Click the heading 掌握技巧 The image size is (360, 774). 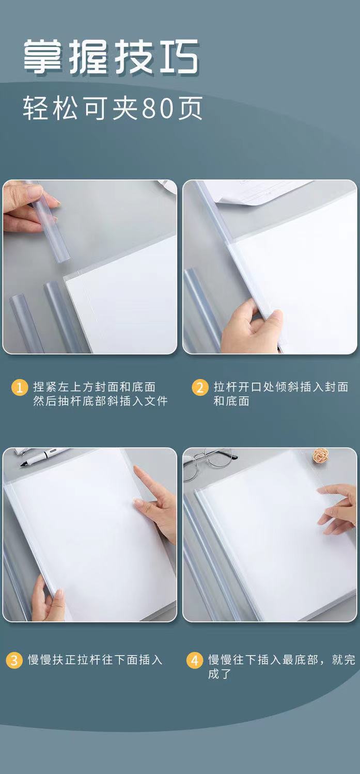111,57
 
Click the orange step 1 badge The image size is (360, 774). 20,387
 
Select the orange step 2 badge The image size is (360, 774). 200,387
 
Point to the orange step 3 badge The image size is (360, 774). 14,660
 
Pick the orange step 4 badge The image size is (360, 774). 195,660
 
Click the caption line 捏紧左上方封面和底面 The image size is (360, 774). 95,387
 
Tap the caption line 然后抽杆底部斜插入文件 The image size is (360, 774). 101,401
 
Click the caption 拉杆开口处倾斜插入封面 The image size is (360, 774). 281,387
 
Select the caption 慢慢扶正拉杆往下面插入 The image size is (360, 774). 95,659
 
